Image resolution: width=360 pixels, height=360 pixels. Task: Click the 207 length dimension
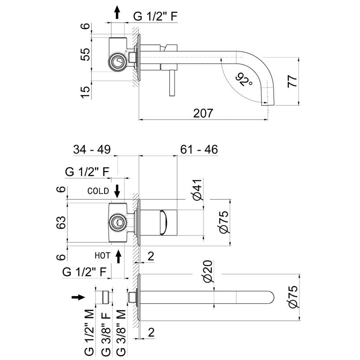point(203,113)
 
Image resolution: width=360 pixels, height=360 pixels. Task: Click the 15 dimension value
point(85,92)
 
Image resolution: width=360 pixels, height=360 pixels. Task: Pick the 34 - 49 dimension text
point(92,150)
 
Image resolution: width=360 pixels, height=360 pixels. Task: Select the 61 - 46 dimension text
point(199,150)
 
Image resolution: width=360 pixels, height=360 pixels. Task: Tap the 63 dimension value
point(60,221)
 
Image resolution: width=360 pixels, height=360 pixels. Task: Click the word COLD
point(98,191)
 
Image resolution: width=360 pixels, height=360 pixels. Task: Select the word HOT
point(102,255)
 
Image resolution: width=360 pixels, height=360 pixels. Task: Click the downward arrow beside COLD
point(117,191)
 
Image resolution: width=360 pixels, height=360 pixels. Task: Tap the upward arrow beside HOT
point(119,256)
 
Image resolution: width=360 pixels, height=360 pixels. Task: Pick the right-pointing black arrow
point(78,297)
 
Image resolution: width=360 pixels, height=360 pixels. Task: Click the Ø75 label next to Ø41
point(225,222)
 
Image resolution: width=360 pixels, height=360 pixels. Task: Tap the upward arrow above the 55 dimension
point(117,13)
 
